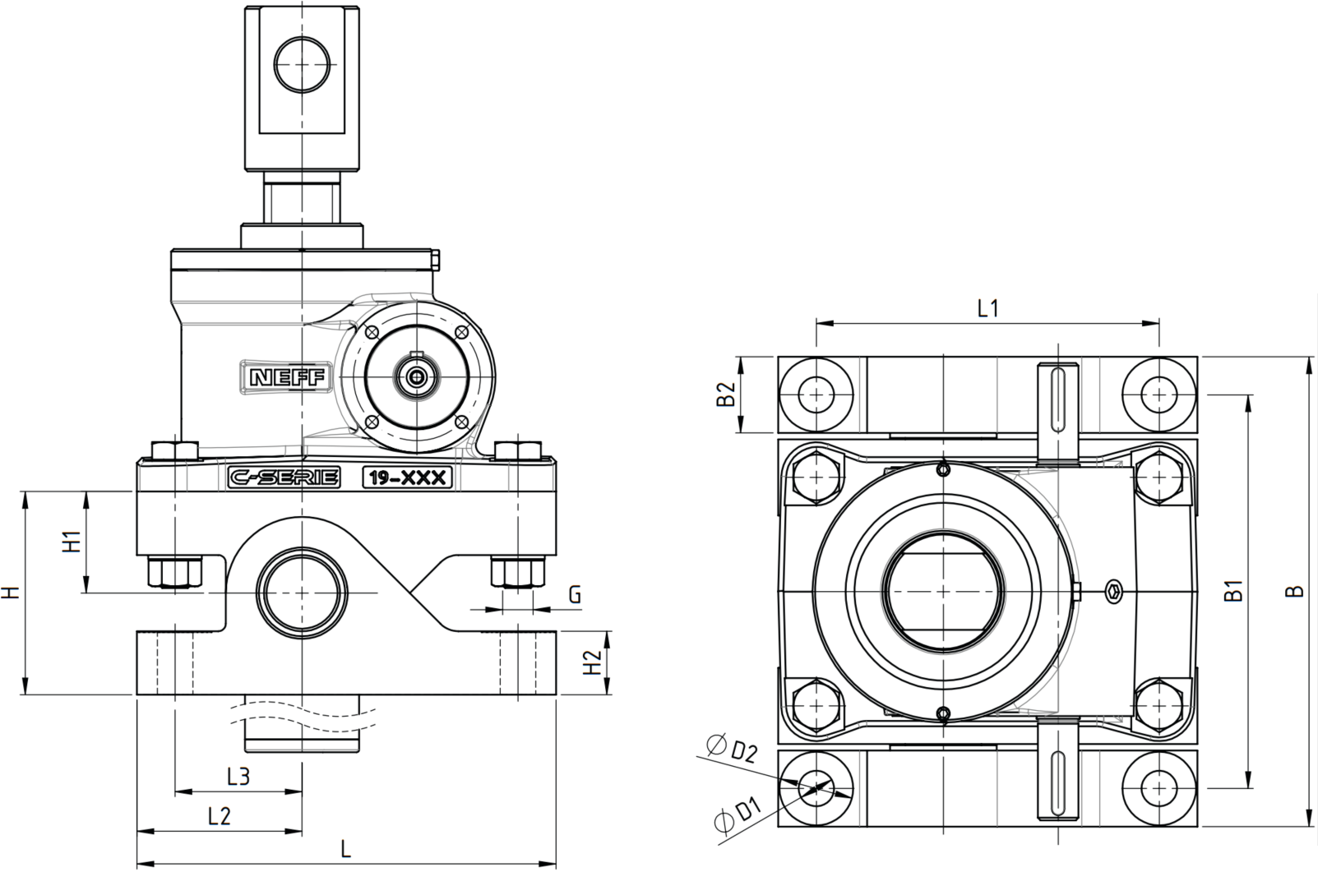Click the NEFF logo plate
point(286,376)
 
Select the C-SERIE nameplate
point(284,478)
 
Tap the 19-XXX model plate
point(407,478)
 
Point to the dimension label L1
point(988,308)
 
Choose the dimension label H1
point(72,542)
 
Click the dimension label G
point(574,595)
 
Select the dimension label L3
point(239,777)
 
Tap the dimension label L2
point(220,815)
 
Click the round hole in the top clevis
point(302,64)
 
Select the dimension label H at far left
point(12,592)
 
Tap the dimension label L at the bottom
point(346,848)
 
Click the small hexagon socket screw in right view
point(1113,592)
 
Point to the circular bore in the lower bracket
point(302,592)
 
